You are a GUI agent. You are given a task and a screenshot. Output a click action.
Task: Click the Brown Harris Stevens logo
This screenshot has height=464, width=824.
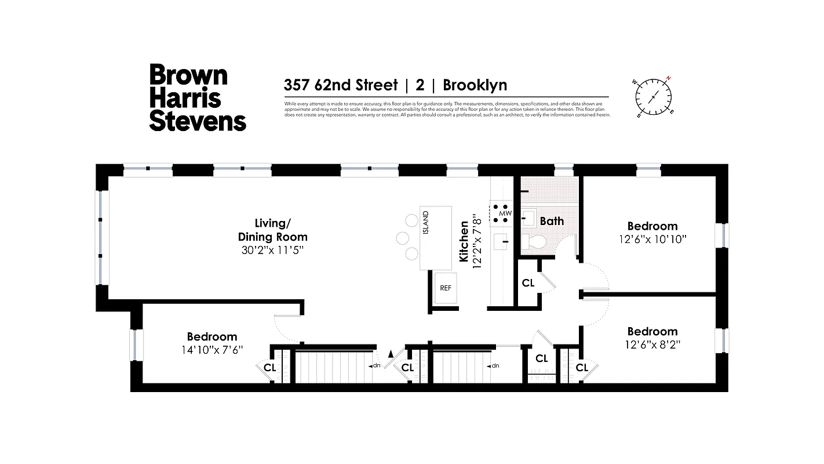coord(198,97)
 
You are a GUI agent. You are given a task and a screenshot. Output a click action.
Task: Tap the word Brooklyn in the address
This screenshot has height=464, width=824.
coord(475,85)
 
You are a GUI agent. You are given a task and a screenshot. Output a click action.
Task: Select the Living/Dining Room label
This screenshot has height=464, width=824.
coord(272,230)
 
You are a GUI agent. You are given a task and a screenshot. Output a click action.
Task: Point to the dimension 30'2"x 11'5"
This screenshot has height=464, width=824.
coord(272,251)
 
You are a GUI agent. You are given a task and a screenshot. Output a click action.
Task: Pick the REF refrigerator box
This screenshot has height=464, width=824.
coord(445,288)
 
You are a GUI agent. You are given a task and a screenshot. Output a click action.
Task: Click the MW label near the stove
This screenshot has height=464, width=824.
coord(506,213)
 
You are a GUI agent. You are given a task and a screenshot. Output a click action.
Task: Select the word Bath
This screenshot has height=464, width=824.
coord(552,221)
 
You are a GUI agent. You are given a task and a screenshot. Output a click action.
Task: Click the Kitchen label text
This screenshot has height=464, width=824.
coord(464,241)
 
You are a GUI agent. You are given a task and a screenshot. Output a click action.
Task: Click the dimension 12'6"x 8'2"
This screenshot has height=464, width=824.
coord(652,344)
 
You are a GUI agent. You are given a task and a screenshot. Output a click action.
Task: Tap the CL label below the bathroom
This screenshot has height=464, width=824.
coord(528,283)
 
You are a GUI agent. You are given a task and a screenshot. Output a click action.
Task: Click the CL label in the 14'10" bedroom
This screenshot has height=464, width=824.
coord(270,368)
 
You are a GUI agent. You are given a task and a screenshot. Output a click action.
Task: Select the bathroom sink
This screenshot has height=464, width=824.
coord(528,219)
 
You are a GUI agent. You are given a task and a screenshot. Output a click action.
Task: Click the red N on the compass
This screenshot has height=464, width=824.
coord(668,78)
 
